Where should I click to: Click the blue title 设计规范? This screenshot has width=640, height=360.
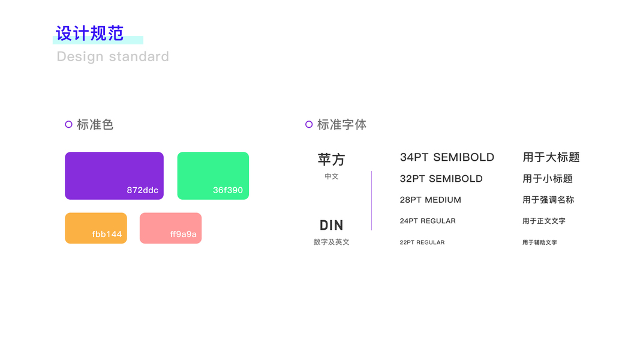(x=90, y=33)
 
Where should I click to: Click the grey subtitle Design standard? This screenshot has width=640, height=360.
(x=113, y=56)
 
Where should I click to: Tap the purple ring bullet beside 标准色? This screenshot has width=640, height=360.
(x=68, y=124)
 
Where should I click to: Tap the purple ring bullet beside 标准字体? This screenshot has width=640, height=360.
(x=309, y=124)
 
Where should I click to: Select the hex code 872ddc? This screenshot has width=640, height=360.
(x=142, y=190)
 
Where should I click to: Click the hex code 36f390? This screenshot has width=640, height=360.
(x=228, y=190)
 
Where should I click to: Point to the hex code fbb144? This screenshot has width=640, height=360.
(x=107, y=234)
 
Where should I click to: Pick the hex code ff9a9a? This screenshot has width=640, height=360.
(x=183, y=234)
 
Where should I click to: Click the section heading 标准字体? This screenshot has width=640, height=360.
(x=342, y=124)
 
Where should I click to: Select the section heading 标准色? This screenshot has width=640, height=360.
(x=95, y=124)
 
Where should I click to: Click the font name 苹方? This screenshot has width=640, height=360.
(x=332, y=160)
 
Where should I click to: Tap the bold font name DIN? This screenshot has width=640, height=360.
(x=332, y=225)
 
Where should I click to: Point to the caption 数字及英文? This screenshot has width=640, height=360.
(x=332, y=242)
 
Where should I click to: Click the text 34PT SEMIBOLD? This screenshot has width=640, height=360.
(x=447, y=157)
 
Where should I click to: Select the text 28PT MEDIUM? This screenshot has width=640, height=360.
(x=430, y=200)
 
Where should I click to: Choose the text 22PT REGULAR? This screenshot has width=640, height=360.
(x=422, y=242)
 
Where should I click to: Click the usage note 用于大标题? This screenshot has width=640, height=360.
(x=551, y=157)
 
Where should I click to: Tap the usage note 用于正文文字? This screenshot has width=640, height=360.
(x=543, y=221)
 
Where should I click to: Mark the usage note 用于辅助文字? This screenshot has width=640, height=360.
(x=539, y=242)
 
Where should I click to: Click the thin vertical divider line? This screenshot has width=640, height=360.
(x=371, y=200)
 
